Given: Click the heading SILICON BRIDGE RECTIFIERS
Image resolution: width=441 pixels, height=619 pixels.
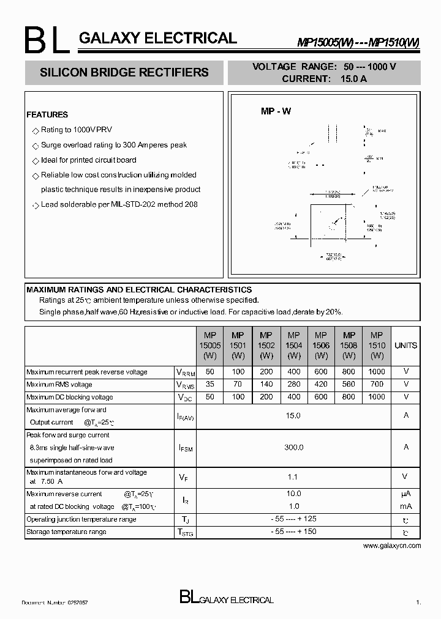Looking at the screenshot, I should [x=124, y=73].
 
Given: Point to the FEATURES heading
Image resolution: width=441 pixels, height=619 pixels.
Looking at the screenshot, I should [x=47, y=114].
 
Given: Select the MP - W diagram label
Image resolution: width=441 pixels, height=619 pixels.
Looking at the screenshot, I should [x=276, y=111].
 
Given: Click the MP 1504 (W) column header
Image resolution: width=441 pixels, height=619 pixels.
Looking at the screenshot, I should [x=294, y=345].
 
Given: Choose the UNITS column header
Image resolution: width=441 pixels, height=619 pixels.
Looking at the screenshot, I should [x=405, y=345].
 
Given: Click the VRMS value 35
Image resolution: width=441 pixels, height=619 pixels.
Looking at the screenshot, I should [x=210, y=384].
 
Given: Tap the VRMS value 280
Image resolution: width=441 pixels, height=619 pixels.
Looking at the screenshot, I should [x=294, y=384].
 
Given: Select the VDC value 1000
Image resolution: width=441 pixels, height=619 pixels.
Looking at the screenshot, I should [x=377, y=397].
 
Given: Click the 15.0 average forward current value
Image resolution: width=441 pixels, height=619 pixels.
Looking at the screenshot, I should [x=294, y=415].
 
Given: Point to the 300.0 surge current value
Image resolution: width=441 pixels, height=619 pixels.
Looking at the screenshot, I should [x=294, y=447].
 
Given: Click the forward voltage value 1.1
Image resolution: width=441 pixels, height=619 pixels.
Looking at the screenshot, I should [x=294, y=476].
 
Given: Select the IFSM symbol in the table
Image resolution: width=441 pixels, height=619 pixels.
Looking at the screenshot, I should [x=185, y=448].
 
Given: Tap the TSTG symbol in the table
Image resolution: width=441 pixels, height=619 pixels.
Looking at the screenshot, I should [x=185, y=533].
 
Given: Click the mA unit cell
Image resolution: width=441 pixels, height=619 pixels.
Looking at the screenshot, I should [x=405, y=506].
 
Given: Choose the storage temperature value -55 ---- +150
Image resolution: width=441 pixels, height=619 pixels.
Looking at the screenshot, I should [x=294, y=532].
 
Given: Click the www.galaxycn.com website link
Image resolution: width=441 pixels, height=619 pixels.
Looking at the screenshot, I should [x=392, y=545].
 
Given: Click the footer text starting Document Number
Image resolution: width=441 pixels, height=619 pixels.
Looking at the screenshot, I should [x=55, y=602].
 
